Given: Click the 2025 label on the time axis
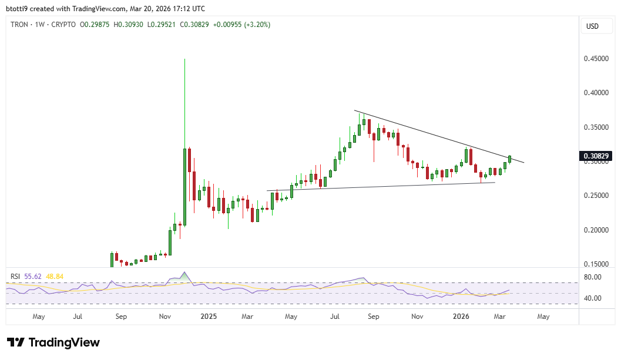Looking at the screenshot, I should pos(209,317).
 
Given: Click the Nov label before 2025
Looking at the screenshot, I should pos(165,317).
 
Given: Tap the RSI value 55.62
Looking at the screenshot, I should pos(32,276).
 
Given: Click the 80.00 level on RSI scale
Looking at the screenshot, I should pos(593,277).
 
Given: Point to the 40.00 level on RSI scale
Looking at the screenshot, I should pos(593,298).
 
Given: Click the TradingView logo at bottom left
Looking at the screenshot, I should pos(53,342).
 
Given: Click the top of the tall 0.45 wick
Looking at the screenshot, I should pos(184,59).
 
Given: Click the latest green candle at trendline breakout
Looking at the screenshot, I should pos(510,159).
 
